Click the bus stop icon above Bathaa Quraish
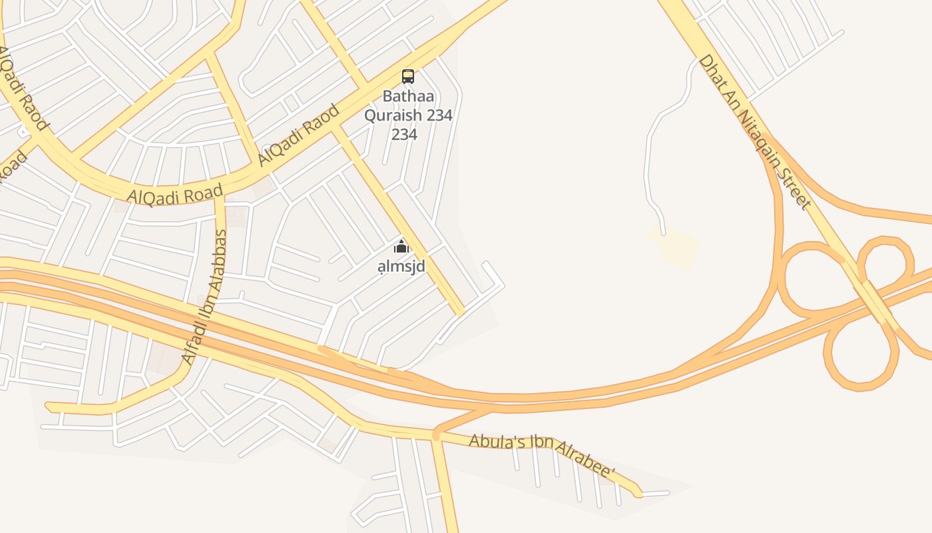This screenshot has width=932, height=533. coord(408,76)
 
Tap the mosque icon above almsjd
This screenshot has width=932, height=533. coord(401,247)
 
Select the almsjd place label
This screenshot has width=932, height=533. coord(401,266)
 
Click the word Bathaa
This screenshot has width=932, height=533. coord(408,96)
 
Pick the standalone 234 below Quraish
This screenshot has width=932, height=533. coord(404,135)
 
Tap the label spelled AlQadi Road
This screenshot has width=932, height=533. coord(174,195)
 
